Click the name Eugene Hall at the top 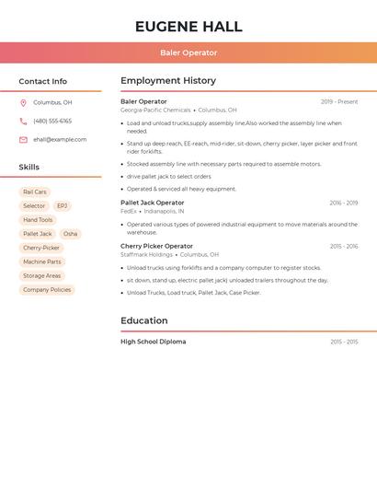188,27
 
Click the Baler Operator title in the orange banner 188,52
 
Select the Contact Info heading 42,81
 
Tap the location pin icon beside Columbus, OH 23,103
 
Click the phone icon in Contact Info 23,122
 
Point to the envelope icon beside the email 23,140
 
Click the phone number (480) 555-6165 52,122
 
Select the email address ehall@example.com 60,140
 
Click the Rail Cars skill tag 35,192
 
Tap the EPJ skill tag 63,206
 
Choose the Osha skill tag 70,234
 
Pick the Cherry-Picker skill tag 41,248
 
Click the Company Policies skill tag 47,290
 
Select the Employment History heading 168,81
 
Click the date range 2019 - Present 339,101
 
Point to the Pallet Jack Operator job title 152,203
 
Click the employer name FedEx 128,211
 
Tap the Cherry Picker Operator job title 156,246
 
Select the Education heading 143,320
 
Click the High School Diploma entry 153,342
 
